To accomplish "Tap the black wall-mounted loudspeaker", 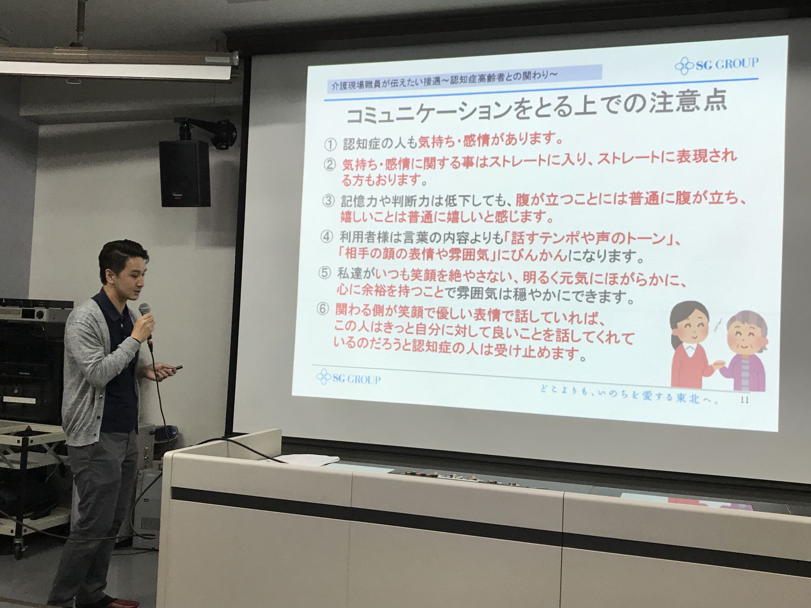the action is [185, 173].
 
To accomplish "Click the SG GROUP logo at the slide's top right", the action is [716, 65].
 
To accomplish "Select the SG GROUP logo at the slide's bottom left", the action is [348, 377].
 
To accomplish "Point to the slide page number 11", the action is [745, 400].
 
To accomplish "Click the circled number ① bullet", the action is [330, 145].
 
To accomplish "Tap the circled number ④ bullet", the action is [326, 237].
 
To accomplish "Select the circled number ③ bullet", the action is [328, 201].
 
